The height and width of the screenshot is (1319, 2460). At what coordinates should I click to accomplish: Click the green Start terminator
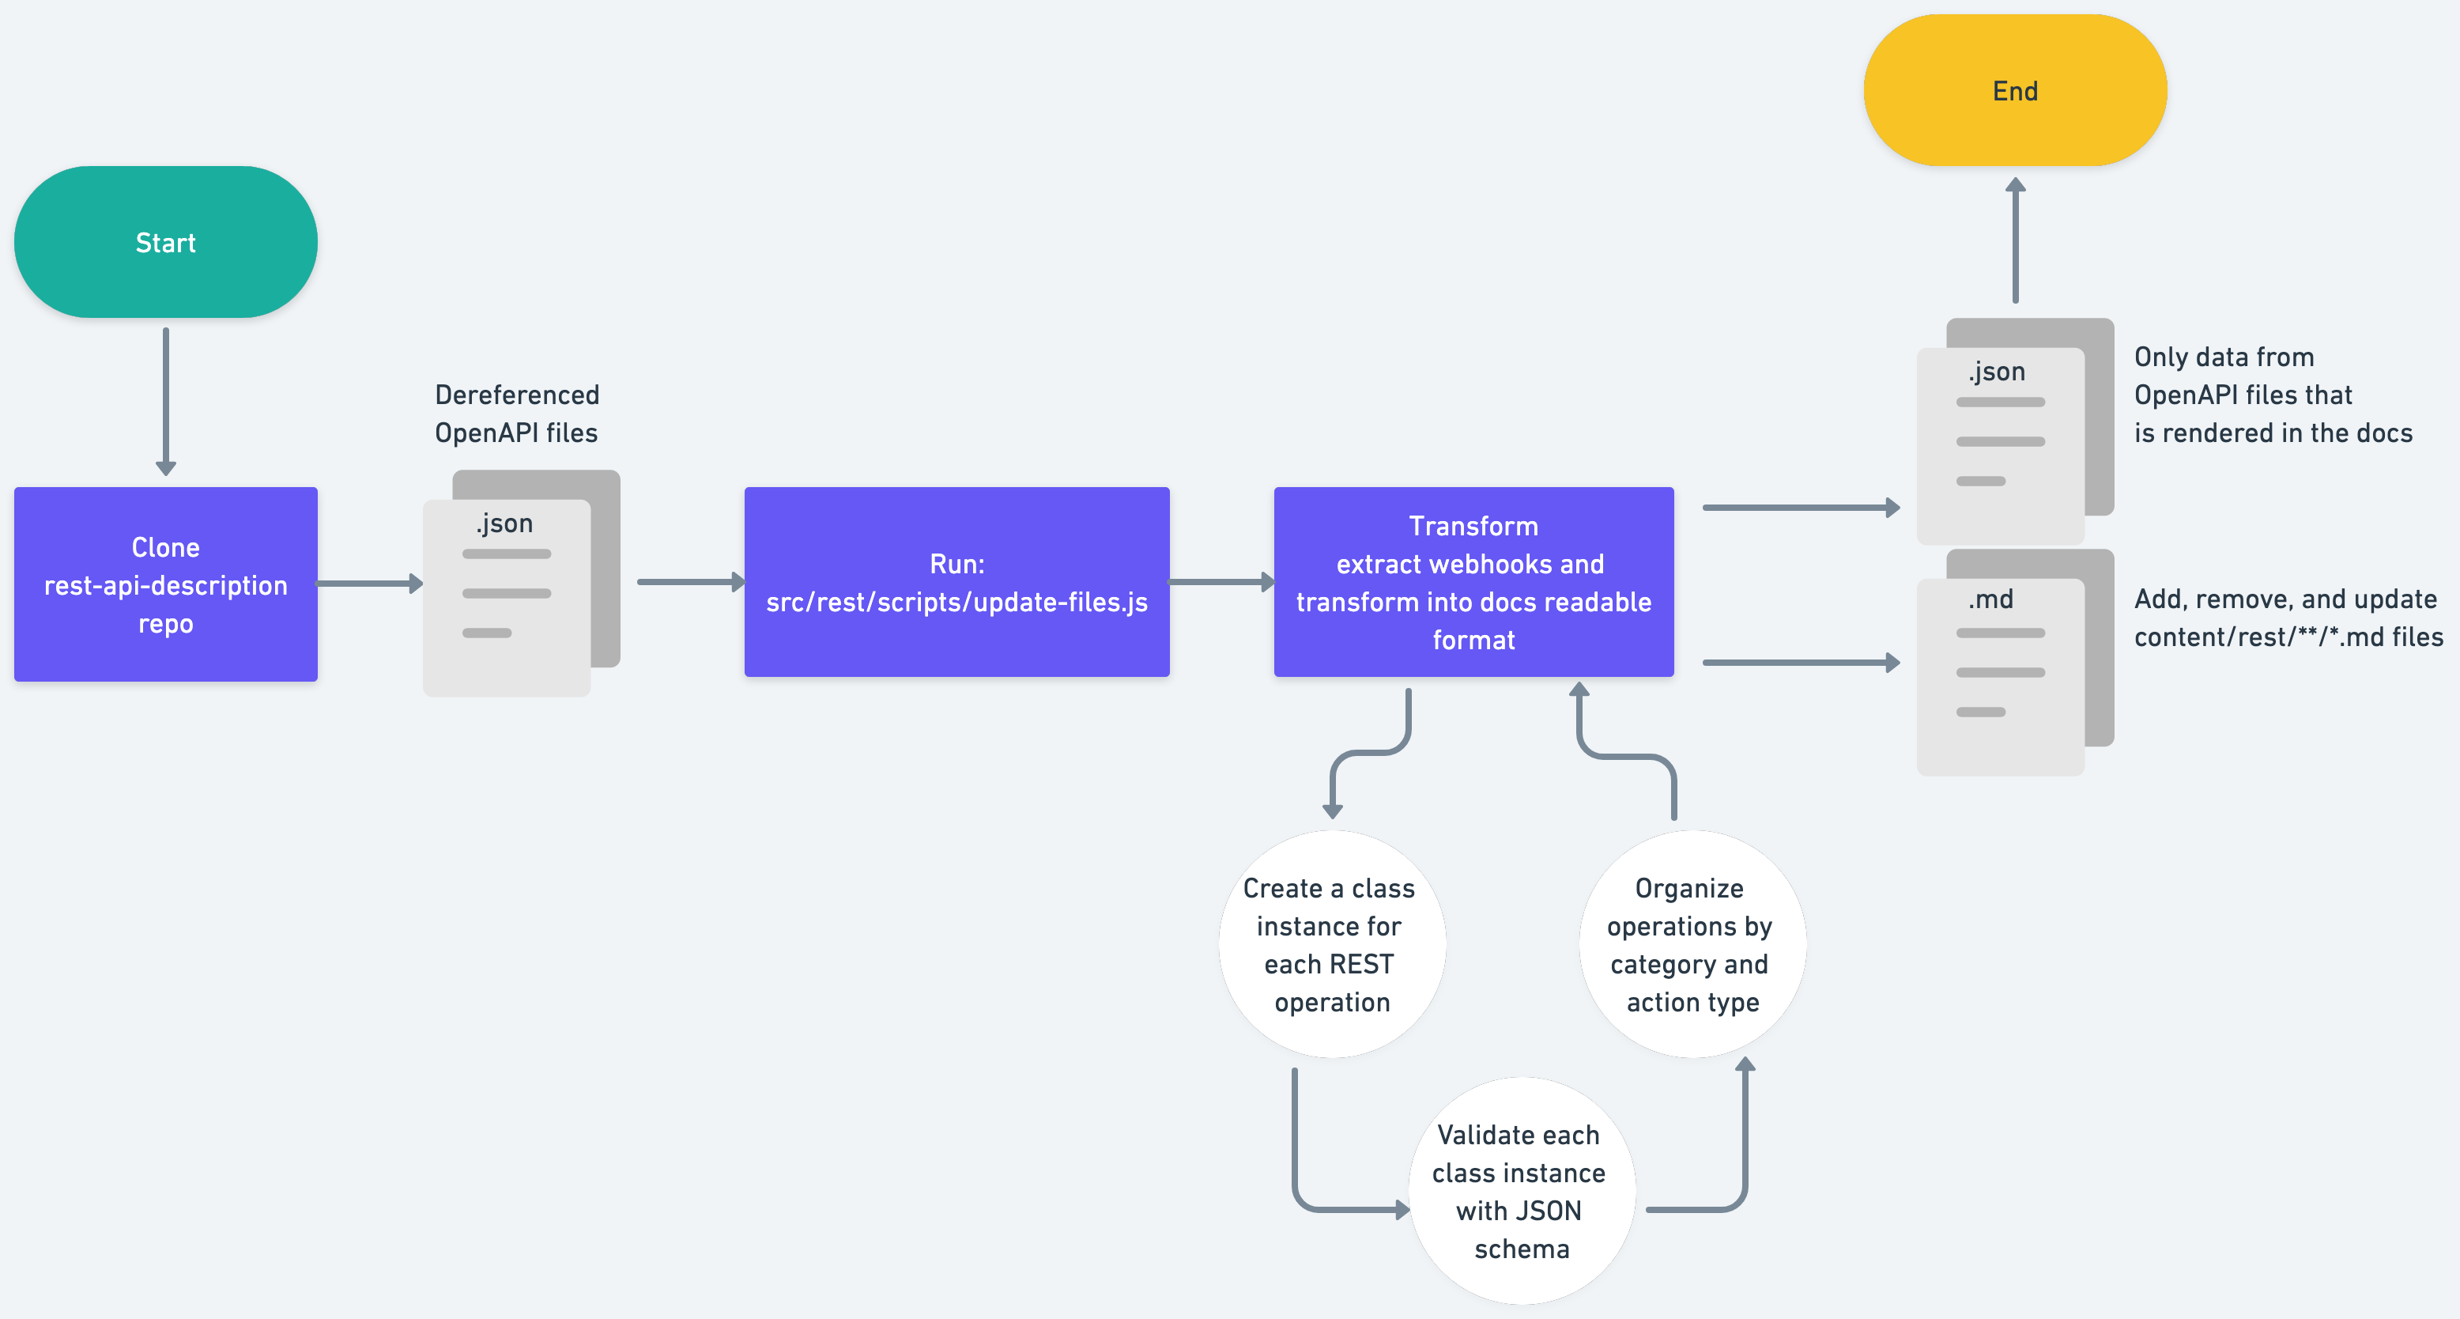click(165, 242)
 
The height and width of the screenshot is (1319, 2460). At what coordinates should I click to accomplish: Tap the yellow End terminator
click(2015, 91)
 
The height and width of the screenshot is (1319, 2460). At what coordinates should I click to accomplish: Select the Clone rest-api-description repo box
click(165, 584)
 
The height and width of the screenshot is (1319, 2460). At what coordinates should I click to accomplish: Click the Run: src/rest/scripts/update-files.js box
click(956, 582)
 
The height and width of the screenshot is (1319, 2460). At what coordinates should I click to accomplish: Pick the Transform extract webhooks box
click(1473, 582)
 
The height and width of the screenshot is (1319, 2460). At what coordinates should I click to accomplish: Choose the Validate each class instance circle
click(1520, 1190)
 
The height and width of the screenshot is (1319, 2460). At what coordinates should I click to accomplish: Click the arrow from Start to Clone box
click(165, 401)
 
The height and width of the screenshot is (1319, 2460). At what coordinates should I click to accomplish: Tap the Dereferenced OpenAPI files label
click(517, 414)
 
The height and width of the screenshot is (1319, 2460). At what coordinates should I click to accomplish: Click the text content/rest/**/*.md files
click(2288, 637)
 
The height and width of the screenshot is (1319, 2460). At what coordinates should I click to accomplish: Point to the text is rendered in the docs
click(2273, 433)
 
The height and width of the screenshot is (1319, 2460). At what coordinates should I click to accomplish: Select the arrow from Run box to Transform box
click(1221, 582)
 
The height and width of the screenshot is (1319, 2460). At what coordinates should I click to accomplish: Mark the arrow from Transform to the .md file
click(1799, 662)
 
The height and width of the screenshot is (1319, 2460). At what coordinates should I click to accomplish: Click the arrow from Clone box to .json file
click(368, 583)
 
